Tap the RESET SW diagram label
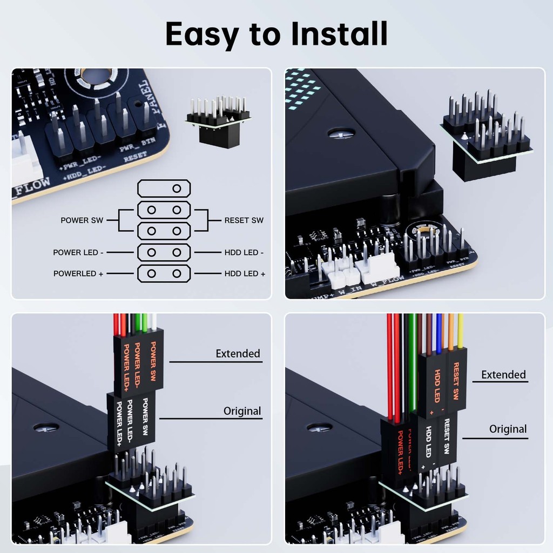(244, 220)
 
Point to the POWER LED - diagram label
(78, 252)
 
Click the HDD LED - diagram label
(244, 252)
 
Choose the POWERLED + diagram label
(78, 274)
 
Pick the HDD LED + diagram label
(245, 274)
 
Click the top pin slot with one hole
(164, 188)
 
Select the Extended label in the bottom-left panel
(238, 354)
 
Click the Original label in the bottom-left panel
(242, 411)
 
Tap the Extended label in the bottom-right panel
(503, 374)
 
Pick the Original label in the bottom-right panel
(508, 429)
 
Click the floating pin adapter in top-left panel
(218, 122)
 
